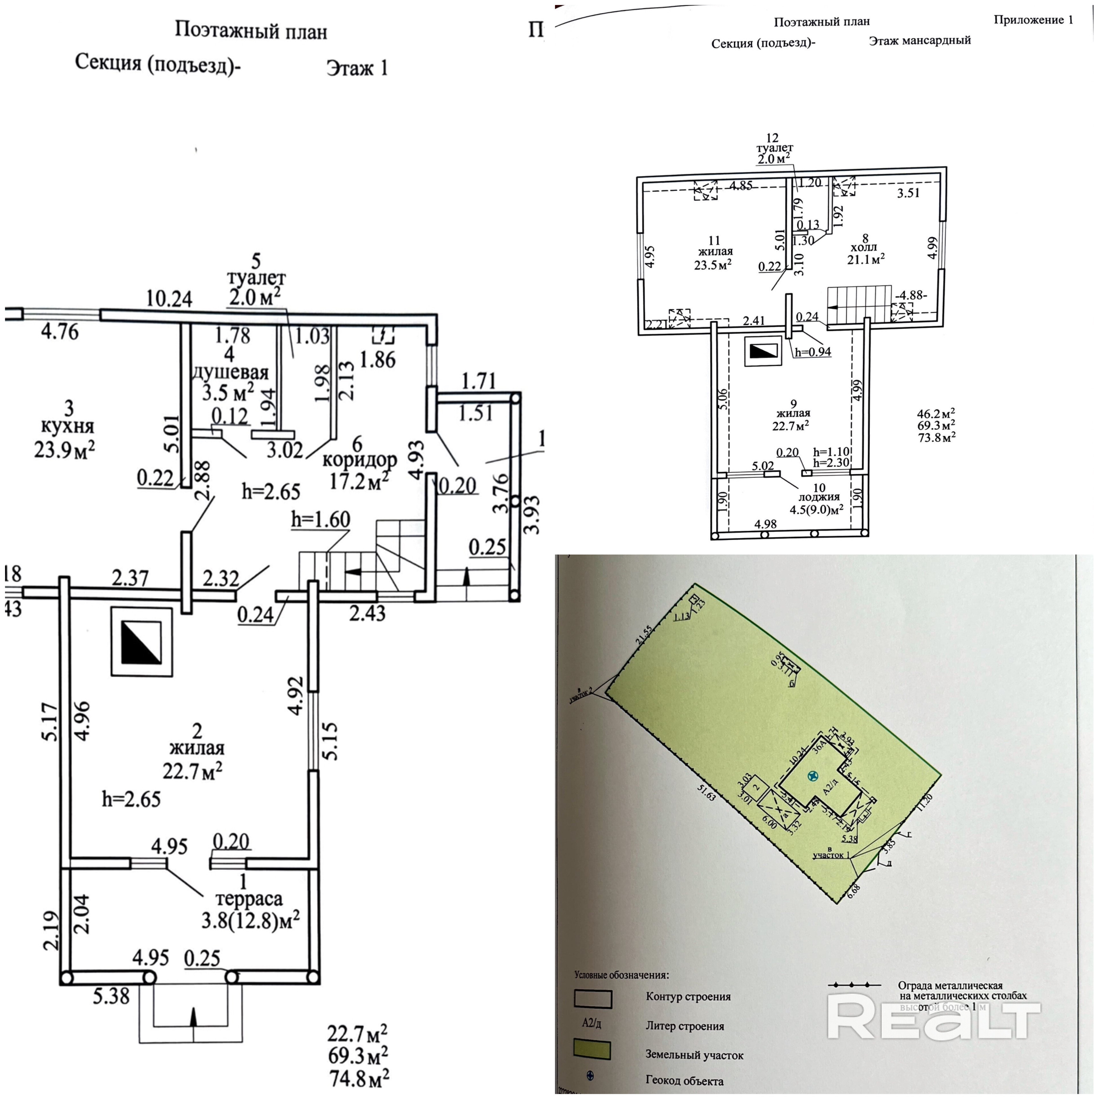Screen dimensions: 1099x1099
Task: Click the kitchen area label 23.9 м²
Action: pos(64,450)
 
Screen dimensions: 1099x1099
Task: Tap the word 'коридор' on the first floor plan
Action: pos(359,460)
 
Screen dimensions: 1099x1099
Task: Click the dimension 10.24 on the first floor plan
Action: pos(169,299)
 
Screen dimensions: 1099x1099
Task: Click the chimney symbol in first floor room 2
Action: pos(141,642)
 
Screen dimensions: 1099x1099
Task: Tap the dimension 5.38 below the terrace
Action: pos(111,996)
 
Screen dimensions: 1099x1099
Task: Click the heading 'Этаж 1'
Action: pos(357,68)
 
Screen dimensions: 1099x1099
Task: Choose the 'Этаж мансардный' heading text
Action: pos(920,40)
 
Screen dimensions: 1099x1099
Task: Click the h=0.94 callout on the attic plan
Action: pos(813,352)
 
